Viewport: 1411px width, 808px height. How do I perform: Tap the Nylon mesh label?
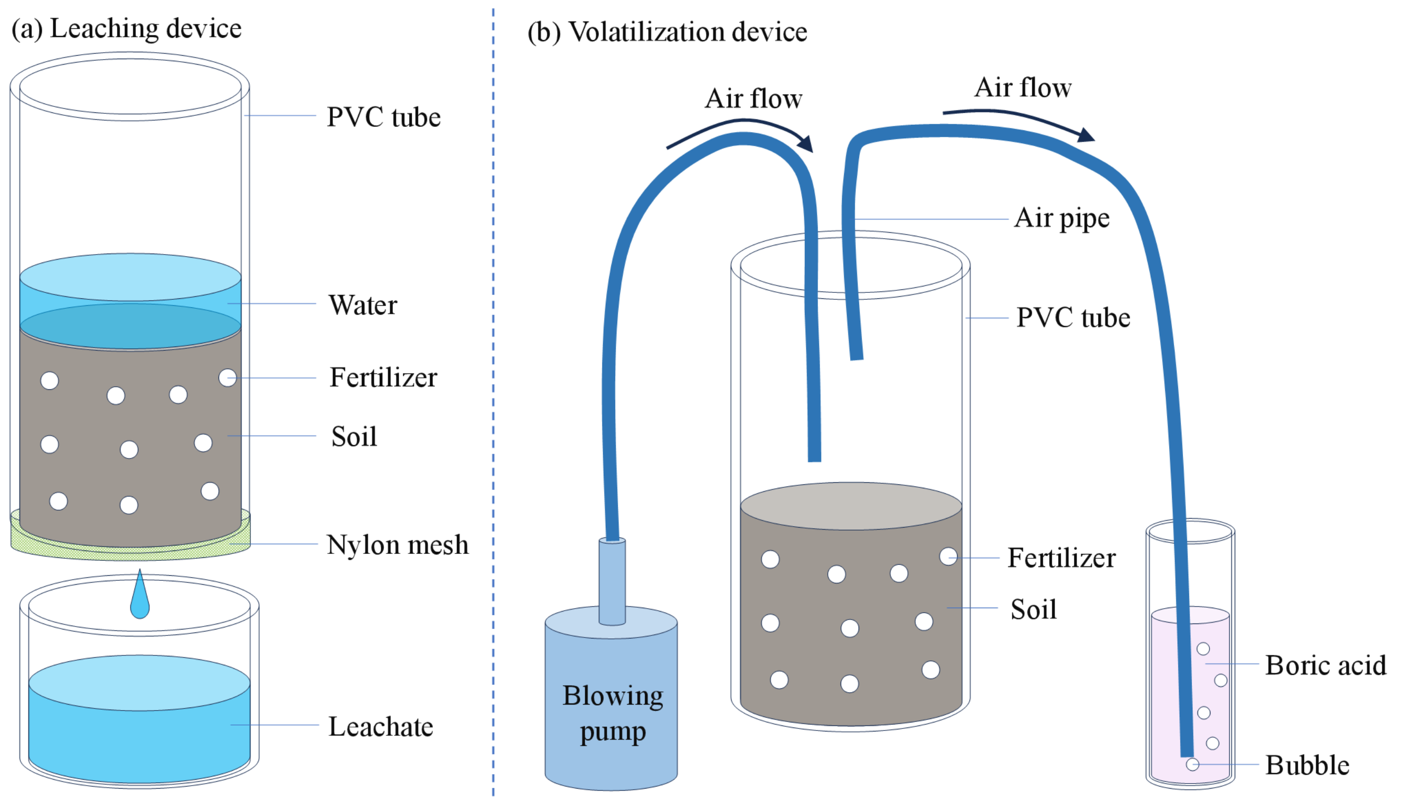[397, 545]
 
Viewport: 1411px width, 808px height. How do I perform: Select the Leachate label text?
[380, 726]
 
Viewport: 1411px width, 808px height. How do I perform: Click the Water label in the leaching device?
[363, 305]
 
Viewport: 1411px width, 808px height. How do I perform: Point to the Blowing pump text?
[613, 713]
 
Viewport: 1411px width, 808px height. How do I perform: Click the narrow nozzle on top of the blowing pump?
[612, 580]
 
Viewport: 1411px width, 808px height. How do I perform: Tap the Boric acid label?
[1325, 665]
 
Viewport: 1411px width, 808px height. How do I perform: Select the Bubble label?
[1307, 765]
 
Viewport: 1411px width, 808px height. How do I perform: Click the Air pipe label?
[1062, 218]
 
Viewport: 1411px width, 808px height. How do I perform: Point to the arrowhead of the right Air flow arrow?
[1085, 135]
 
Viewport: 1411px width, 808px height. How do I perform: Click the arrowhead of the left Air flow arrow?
[806, 144]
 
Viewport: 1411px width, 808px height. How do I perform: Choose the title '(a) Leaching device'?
[126, 29]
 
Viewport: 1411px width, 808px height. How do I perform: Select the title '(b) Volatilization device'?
[667, 32]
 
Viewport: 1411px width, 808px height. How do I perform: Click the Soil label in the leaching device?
[354, 436]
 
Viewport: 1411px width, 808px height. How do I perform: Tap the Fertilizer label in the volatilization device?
[1061, 558]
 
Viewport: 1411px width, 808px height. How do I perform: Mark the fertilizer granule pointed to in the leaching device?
[227, 378]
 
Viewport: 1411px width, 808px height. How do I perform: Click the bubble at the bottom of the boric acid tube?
[1192, 765]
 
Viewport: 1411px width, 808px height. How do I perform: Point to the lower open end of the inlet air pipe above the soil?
[814, 456]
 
